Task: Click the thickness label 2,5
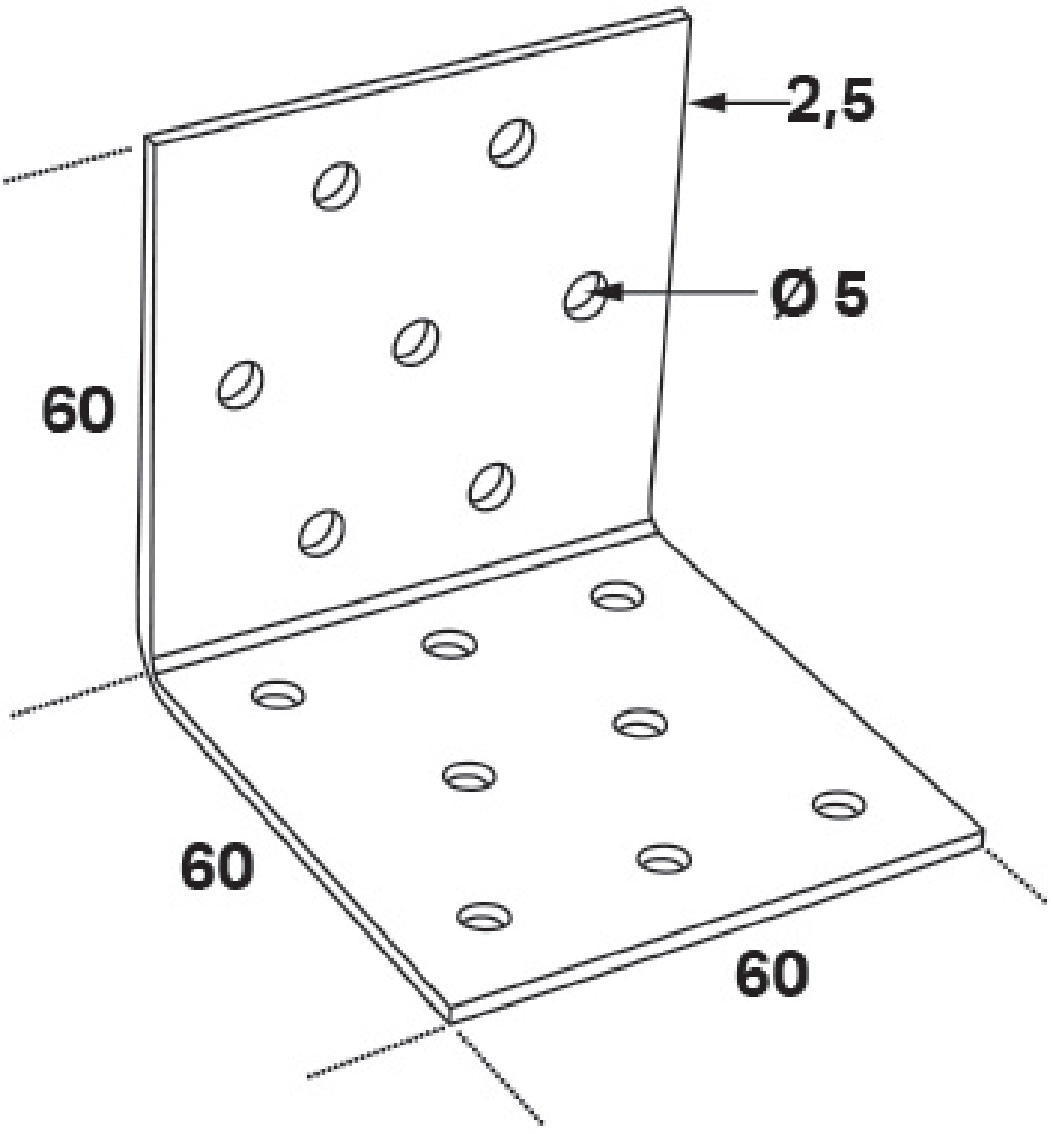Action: tap(830, 101)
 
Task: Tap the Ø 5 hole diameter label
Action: tap(819, 294)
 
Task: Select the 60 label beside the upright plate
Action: tap(78, 409)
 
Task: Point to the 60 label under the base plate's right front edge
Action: tap(772, 974)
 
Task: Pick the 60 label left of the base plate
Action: tap(217, 866)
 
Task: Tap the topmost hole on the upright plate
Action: tap(512, 141)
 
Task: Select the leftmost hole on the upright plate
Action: tap(240, 385)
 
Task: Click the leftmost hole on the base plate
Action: tap(278, 695)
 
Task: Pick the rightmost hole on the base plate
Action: tap(839, 805)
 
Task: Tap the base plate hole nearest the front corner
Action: tap(484, 915)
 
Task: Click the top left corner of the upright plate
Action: tap(148, 137)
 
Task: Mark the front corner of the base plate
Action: tap(449, 1015)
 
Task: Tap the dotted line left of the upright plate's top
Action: tap(68, 165)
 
